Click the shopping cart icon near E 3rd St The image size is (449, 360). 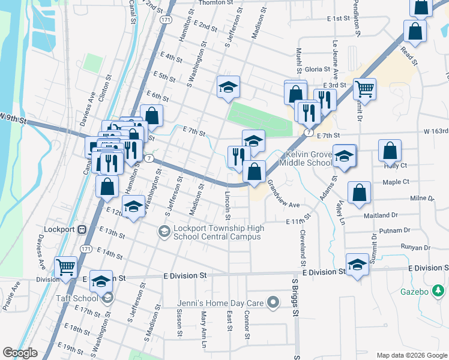tap(364, 89)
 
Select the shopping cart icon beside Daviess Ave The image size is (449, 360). tap(65, 268)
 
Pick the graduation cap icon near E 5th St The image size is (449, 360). tap(228, 86)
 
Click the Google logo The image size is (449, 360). tap(20, 353)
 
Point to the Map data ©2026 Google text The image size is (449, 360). tap(412, 355)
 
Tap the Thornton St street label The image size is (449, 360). tap(215, 3)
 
